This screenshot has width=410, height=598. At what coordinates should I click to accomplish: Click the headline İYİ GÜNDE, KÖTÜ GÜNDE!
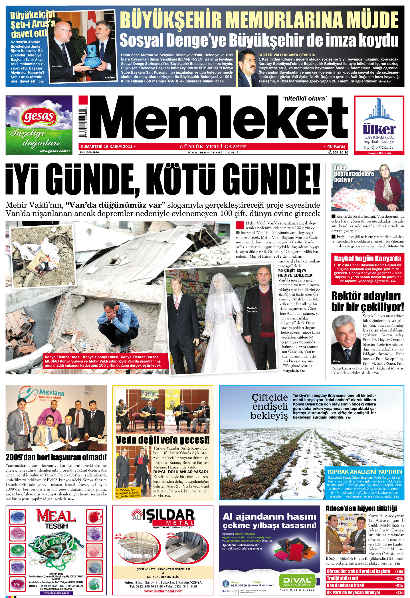pyautogui.click(x=163, y=179)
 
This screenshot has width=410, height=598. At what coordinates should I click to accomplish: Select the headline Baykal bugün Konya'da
pyautogui.click(x=367, y=258)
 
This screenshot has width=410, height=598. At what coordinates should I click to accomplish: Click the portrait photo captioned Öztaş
pyautogui.click(x=346, y=339)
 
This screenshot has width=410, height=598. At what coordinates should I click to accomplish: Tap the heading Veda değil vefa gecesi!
pyautogui.click(x=163, y=440)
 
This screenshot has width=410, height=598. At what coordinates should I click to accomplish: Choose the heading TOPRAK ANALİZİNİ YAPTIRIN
pyautogui.click(x=364, y=472)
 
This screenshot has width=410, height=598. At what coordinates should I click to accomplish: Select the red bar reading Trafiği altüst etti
pyautogui.click(x=365, y=578)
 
